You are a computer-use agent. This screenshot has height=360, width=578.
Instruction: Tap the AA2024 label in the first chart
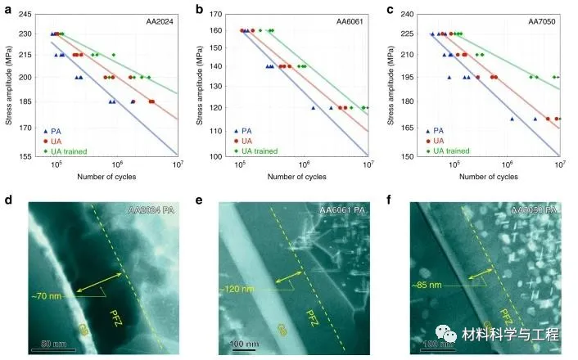[161, 21]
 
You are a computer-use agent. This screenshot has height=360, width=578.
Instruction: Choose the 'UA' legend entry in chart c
[448, 141]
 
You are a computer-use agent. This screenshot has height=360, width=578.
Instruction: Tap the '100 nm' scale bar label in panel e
[243, 344]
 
